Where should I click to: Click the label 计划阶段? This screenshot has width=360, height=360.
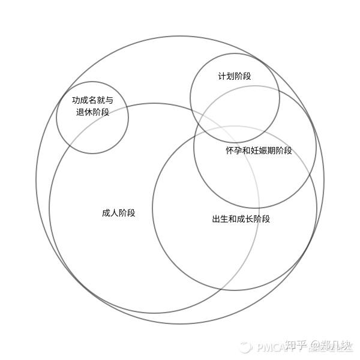point(234,76)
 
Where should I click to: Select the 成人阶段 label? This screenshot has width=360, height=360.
point(118,213)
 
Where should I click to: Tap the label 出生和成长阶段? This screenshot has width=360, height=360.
point(241,219)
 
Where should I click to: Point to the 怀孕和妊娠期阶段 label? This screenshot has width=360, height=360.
point(259,151)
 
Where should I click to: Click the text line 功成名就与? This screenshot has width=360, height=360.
point(92,100)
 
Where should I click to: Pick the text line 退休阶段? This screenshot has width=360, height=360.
point(92,112)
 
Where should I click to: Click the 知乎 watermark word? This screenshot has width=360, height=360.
point(297,346)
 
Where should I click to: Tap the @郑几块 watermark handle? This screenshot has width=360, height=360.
point(331,346)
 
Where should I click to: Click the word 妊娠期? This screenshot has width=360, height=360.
point(263,151)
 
